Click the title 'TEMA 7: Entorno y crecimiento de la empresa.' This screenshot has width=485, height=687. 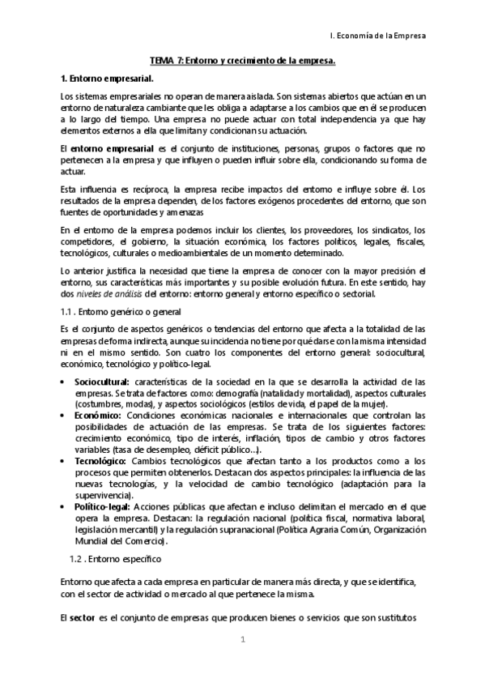pos(242,61)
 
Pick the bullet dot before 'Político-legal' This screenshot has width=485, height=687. pos(64,506)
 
